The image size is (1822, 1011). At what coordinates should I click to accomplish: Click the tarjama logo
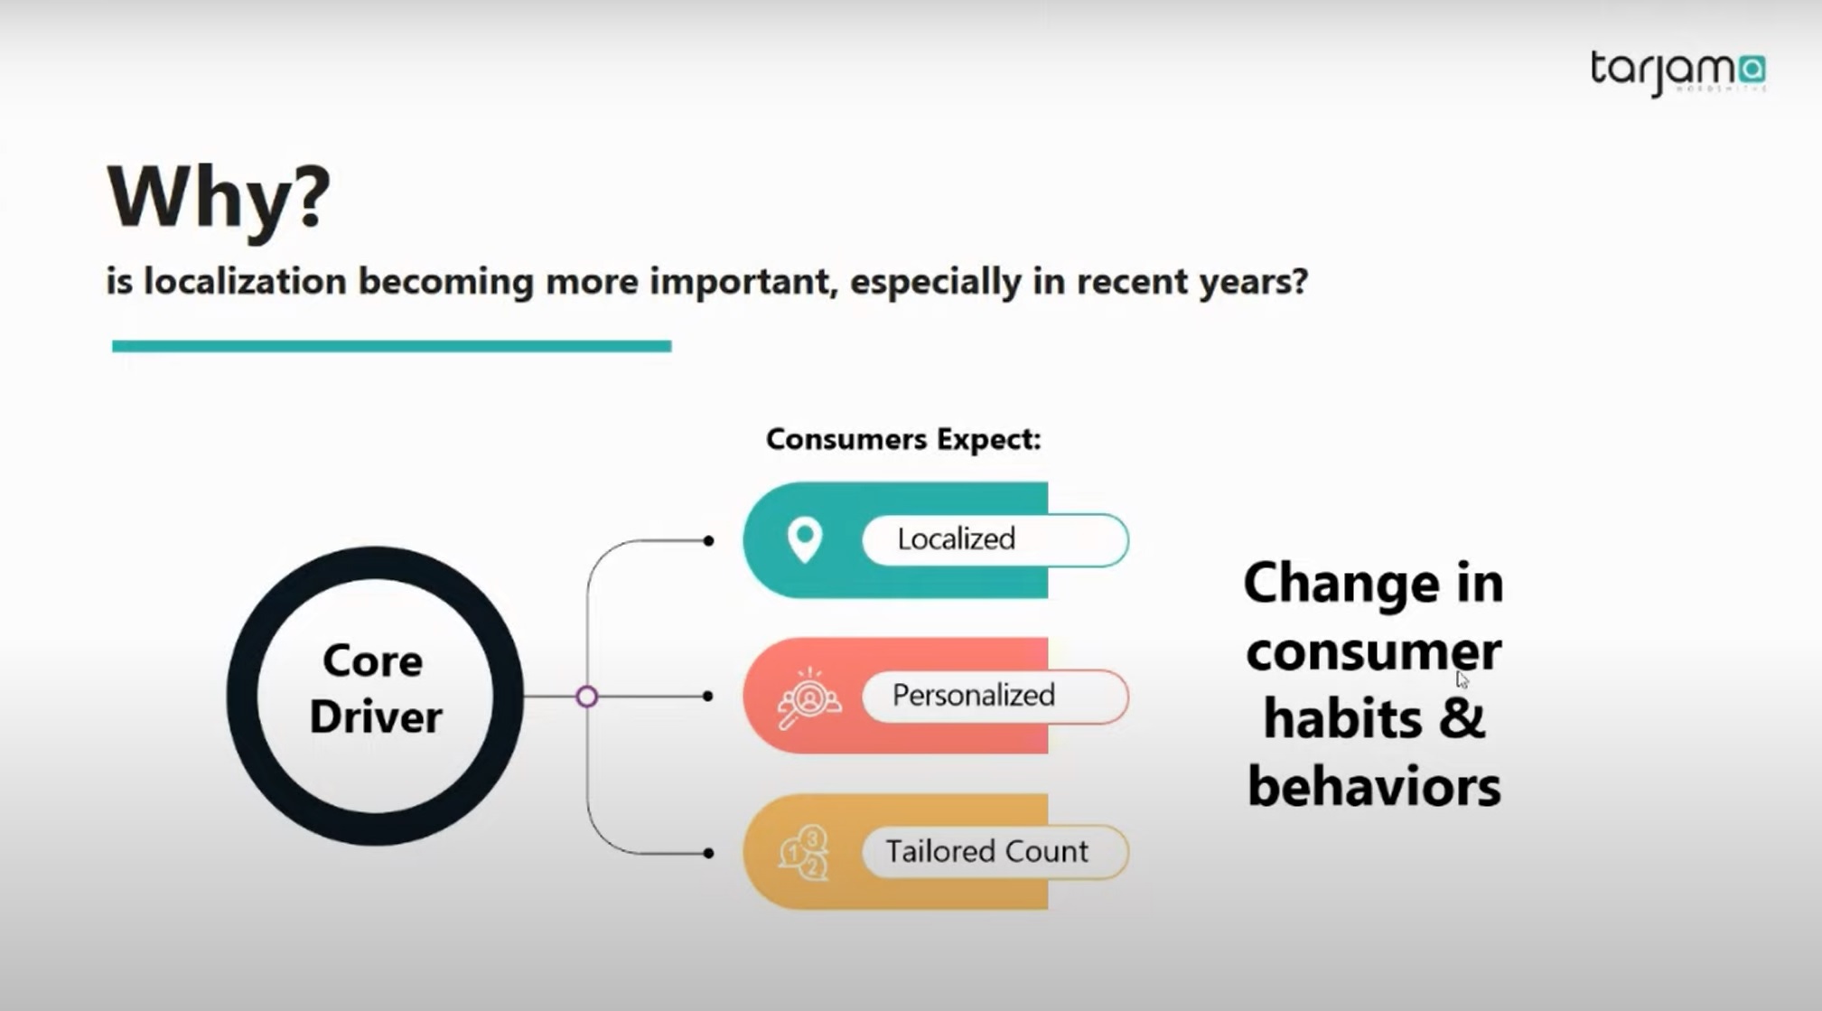tap(1677, 72)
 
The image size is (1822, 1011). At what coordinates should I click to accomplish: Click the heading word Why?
tap(220, 198)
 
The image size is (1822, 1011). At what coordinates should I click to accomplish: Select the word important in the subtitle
tap(743, 282)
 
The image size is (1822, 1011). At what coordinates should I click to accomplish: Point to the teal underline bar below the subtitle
tap(391, 346)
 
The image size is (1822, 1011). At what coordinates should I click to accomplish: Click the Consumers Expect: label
tap(903, 439)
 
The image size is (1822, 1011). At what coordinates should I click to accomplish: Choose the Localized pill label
tap(956, 539)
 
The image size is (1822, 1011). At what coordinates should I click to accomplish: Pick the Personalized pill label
tap(973, 695)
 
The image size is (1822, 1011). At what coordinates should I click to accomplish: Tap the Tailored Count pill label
tap(986, 851)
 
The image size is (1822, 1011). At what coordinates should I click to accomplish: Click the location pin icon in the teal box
tap(804, 540)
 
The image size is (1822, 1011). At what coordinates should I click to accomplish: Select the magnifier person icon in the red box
tap(808, 697)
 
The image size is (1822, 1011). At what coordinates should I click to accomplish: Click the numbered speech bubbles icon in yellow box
tap(803, 852)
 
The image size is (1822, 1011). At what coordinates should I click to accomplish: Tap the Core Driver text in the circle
tap(375, 689)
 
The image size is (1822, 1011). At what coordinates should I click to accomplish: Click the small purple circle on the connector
tap(587, 697)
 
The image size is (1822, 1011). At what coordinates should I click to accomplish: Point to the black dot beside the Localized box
tap(708, 540)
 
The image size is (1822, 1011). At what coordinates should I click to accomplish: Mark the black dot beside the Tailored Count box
tap(708, 853)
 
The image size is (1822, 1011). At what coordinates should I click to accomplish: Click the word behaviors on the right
tap(1374, 786)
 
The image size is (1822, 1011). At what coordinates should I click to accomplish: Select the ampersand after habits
tap(1462, 719)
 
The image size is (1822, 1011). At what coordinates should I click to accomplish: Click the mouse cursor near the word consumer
tap(1462, 680)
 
